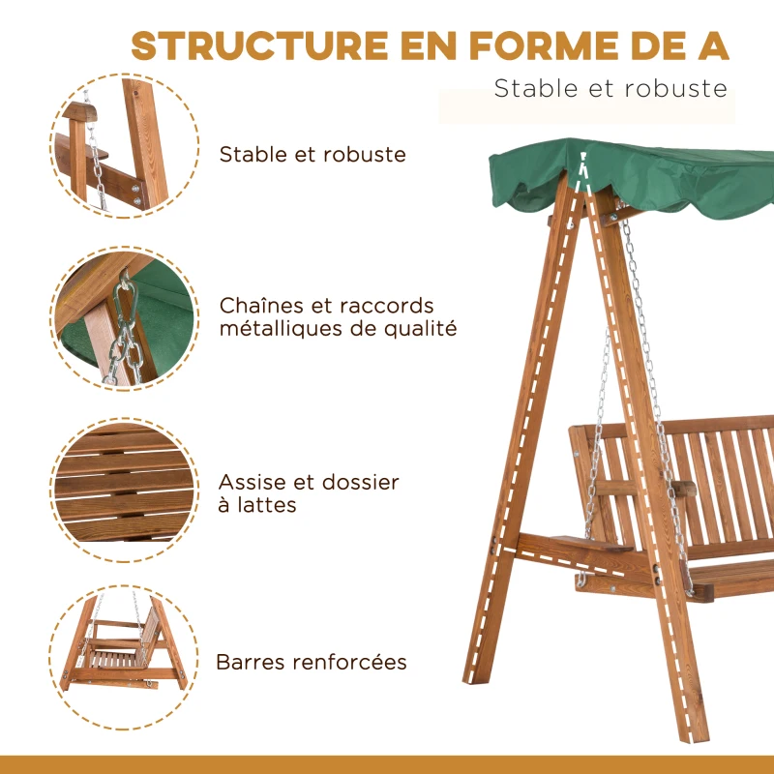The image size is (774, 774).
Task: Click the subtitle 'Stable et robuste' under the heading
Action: pyautogui.click(x=610, y=89)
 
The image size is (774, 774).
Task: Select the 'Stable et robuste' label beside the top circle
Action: pyautogui.click(x=313, y=155)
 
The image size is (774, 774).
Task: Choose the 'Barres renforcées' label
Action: pyautogui.click(x=311, y=663)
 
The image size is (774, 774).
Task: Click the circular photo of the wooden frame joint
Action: pyautogui.click(x=124, y=145)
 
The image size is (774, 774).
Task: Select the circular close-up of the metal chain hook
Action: pyautogui.click(x=124, y=319)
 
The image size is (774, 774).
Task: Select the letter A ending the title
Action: pyautogui.click(x=713, y=45)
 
